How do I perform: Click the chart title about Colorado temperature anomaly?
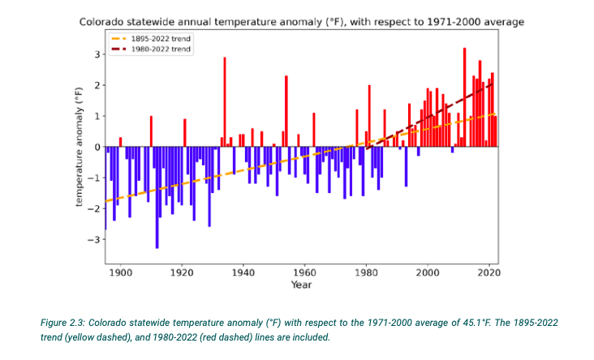click(301, 21)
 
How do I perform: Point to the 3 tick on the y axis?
click(96, 54)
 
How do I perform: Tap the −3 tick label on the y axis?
click(93, 239)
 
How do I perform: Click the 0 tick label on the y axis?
click(96, 147)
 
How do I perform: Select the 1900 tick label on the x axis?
click(121, 272)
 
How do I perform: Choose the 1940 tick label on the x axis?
click(243, 272)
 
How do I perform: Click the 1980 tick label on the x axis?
click(366, 272)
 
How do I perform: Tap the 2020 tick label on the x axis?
click(489, 272)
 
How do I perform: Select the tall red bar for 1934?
click(225, 101)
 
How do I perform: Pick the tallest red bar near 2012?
click(464, 97)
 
